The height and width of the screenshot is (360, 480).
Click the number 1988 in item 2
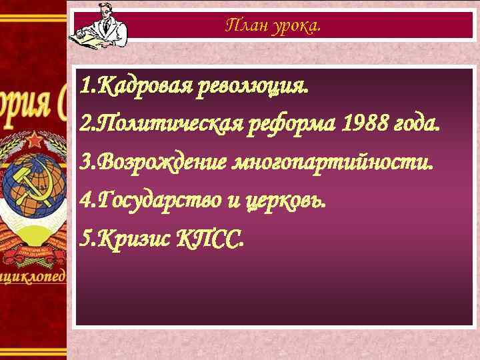tap(366, 123)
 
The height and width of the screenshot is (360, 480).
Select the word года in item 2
tap(417, 123)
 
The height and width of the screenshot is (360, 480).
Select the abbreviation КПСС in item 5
tap(211, 238)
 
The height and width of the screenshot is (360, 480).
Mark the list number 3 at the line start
tap(85, 161)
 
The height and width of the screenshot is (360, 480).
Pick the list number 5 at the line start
tap(85, 238)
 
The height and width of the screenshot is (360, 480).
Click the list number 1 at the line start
tap(85, 86)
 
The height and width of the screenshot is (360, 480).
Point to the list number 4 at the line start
tap(85, 199)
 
